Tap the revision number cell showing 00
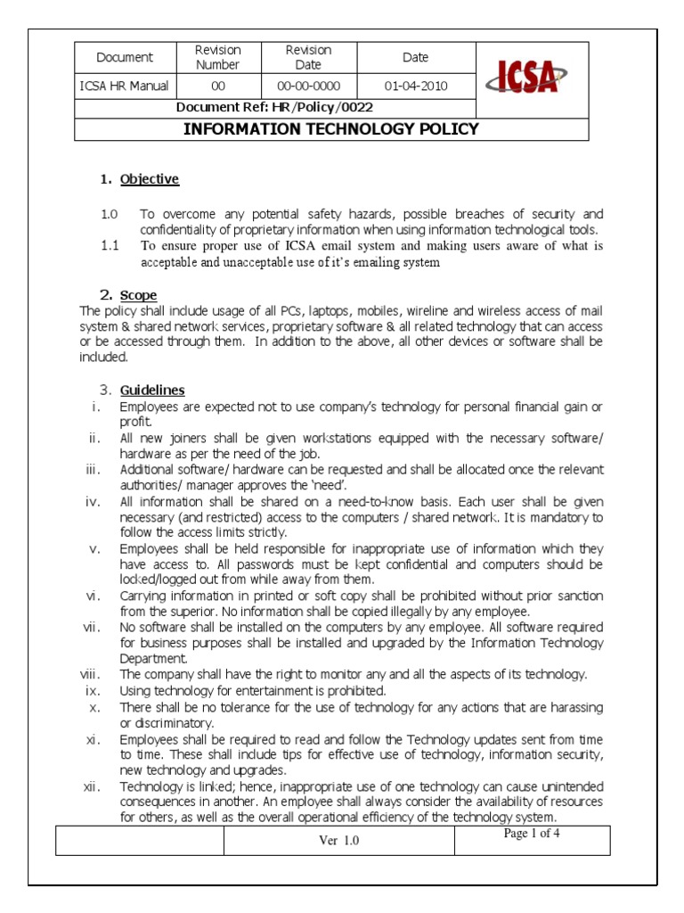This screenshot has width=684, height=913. coord(218,86)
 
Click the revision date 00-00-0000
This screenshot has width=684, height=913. coord(307,86)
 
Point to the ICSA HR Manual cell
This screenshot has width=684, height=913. coord(125,86)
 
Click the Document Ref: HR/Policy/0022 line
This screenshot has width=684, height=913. coord(274,108)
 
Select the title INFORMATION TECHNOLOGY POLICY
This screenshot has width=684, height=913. coord(331,129)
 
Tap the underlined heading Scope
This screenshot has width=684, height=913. coord(139,295)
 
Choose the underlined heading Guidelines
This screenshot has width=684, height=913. coord(152,391)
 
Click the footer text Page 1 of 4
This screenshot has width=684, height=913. coord(532,835)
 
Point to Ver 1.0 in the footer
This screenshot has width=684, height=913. coord(339,841)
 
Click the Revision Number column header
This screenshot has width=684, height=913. coord(218,57)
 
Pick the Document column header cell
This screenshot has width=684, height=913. coord(125,57)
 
